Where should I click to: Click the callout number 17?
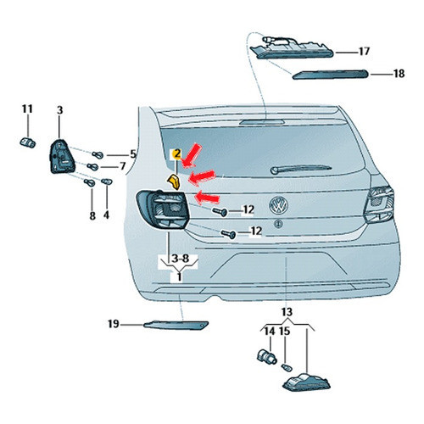click(365, 51)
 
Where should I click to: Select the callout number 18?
click(399, 74)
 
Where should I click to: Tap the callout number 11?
click(27, 109)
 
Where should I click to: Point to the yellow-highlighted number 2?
click(177, 154)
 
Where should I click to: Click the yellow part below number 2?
click(174, 181)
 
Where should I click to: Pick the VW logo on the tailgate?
click(279, 205)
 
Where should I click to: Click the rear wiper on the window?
click(300, 169)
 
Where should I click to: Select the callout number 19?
click(114, 324)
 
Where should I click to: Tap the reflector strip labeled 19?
click(176, 325)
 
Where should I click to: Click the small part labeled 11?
click(28, 142)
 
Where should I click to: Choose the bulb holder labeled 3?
click(62, 156)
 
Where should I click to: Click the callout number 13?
click(287, 312)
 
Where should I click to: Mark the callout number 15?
click(285, 332)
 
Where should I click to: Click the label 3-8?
click(180, 259)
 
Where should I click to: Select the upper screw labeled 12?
click(220, 211)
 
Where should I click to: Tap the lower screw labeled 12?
click(228, 234)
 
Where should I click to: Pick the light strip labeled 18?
click(330, 75)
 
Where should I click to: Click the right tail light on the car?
click(379, 204)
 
